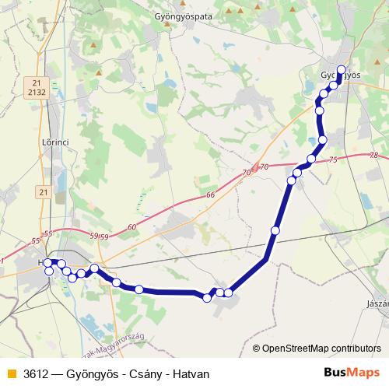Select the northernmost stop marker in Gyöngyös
pyautogui.click(x=341, y=69)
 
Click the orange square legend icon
pyautogui.click(x=10, y=373)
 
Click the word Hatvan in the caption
pyautogui.click(x=191, y=373)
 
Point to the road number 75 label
pyautogui.click(x=334, y=159)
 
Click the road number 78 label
pyautogui.click(x=375, y=156)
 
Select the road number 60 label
pyautogui.click(x=131, y=226)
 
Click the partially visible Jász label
pyautogui.click(x=377, y=303)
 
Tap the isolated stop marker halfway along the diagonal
pyautogui.click(x=275, y=230)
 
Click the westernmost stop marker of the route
pyautogui.click(x=47, y=263)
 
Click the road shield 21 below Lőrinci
pyautogui.click(x=42, y=191)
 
